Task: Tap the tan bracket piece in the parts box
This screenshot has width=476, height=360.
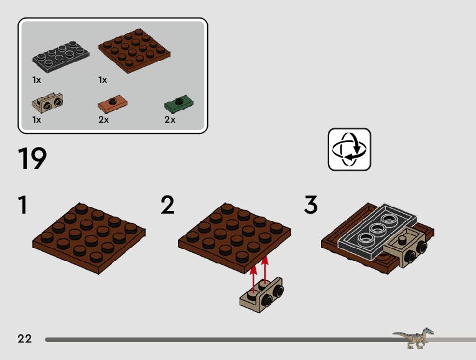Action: (x=47, y=101)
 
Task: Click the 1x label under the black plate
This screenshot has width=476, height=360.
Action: (x=37, y=80)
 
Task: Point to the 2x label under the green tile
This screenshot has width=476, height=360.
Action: (x=170, y=120)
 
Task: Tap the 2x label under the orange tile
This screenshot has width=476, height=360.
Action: (x=103, y=120)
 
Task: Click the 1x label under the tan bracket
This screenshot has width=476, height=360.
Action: (x=37, y=120)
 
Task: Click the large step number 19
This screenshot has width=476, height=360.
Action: (x=32, y=159)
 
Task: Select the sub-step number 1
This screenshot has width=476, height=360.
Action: (x=23, y=206)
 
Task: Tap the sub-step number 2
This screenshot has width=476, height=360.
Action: (x=167, y=206)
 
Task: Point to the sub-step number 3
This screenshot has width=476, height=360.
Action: (x=310, y=206)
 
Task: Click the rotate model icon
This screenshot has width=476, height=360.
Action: (x=349, y=149)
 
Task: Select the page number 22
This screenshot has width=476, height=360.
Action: (x=25, y=339)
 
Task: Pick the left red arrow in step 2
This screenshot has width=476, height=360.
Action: (x=253, y=278)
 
